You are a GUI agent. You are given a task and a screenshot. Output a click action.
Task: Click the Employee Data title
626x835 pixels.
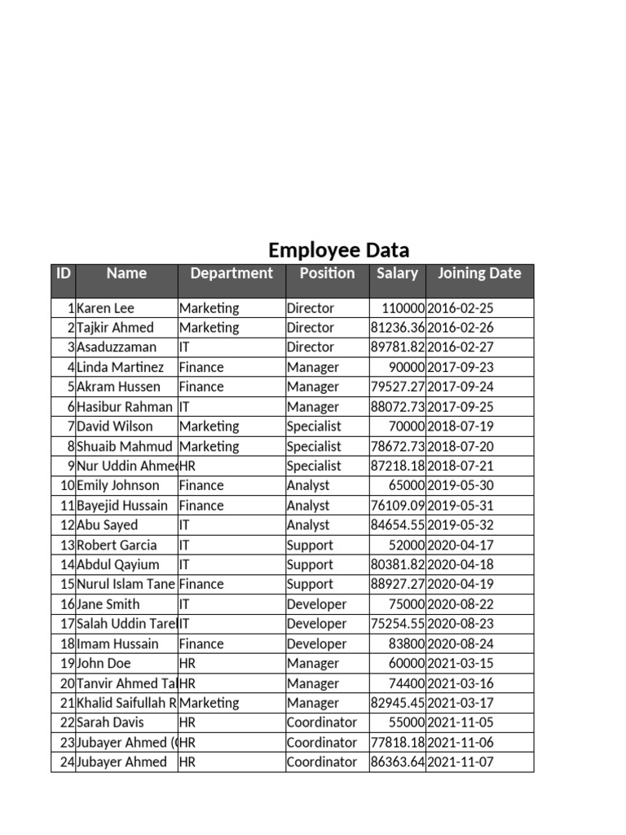(x=338, y=250)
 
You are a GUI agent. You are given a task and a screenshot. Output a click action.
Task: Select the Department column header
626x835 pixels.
(x=231, y=274)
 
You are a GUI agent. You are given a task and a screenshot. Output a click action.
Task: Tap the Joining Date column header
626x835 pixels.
(x=479, y=274)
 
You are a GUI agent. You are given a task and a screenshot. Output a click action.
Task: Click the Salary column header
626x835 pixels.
(x=397, y=274)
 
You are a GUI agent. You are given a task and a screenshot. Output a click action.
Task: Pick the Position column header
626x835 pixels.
(x=327, y=274)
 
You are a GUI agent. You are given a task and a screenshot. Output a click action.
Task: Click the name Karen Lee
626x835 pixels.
(x=105, y=308)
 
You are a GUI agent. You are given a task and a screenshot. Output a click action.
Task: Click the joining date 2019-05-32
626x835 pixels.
(x=461, y=526)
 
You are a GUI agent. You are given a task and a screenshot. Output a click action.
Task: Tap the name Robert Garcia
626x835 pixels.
(x=117, y=546)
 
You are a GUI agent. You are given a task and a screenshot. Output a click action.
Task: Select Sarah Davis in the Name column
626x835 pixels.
(x=110, y=723)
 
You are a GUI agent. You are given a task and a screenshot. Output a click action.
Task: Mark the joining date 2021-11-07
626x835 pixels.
(x=461, y=762)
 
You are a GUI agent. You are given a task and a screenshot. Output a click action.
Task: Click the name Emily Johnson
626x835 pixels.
(x=118, y=486)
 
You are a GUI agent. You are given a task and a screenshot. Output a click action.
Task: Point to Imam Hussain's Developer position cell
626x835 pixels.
(x=316, y=644)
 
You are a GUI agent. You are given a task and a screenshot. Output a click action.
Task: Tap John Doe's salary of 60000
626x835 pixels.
(x=406, y=664)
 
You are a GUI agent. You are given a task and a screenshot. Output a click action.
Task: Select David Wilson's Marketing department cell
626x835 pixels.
(x=209, y=426)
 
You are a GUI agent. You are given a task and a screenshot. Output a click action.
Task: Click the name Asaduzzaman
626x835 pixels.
(x=117, y=347)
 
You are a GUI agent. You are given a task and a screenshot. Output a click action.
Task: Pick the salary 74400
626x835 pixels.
(x=406, y=684)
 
